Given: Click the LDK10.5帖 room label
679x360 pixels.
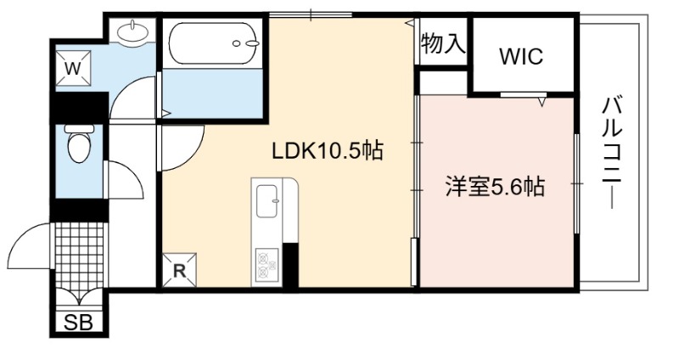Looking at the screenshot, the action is pos(327,151).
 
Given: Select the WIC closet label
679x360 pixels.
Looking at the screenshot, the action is pos(521,56).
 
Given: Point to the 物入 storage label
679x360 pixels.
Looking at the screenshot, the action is pos(443,42).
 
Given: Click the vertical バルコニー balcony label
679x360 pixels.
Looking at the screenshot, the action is pos(612,153).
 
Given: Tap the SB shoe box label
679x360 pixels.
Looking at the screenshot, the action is pos(78,323).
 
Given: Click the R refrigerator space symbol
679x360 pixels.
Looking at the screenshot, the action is pos(179,270).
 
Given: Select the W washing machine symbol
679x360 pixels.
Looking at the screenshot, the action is pos(73,68).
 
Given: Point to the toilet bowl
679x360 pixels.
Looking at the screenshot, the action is pos(78,143).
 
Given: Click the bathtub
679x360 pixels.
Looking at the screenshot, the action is pos(213,43).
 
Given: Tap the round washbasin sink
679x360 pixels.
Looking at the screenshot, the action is pos(133,31).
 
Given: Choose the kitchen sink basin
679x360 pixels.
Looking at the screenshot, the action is pos(267,201).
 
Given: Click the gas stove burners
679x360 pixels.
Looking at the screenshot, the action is pos(267,264).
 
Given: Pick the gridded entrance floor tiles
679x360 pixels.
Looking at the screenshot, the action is pos(79,255).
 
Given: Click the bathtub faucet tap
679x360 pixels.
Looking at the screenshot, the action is pos(246,43).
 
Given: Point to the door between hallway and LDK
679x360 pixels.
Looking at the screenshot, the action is pos(182,148).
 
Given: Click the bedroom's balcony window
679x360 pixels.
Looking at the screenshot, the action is pos(576,184).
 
